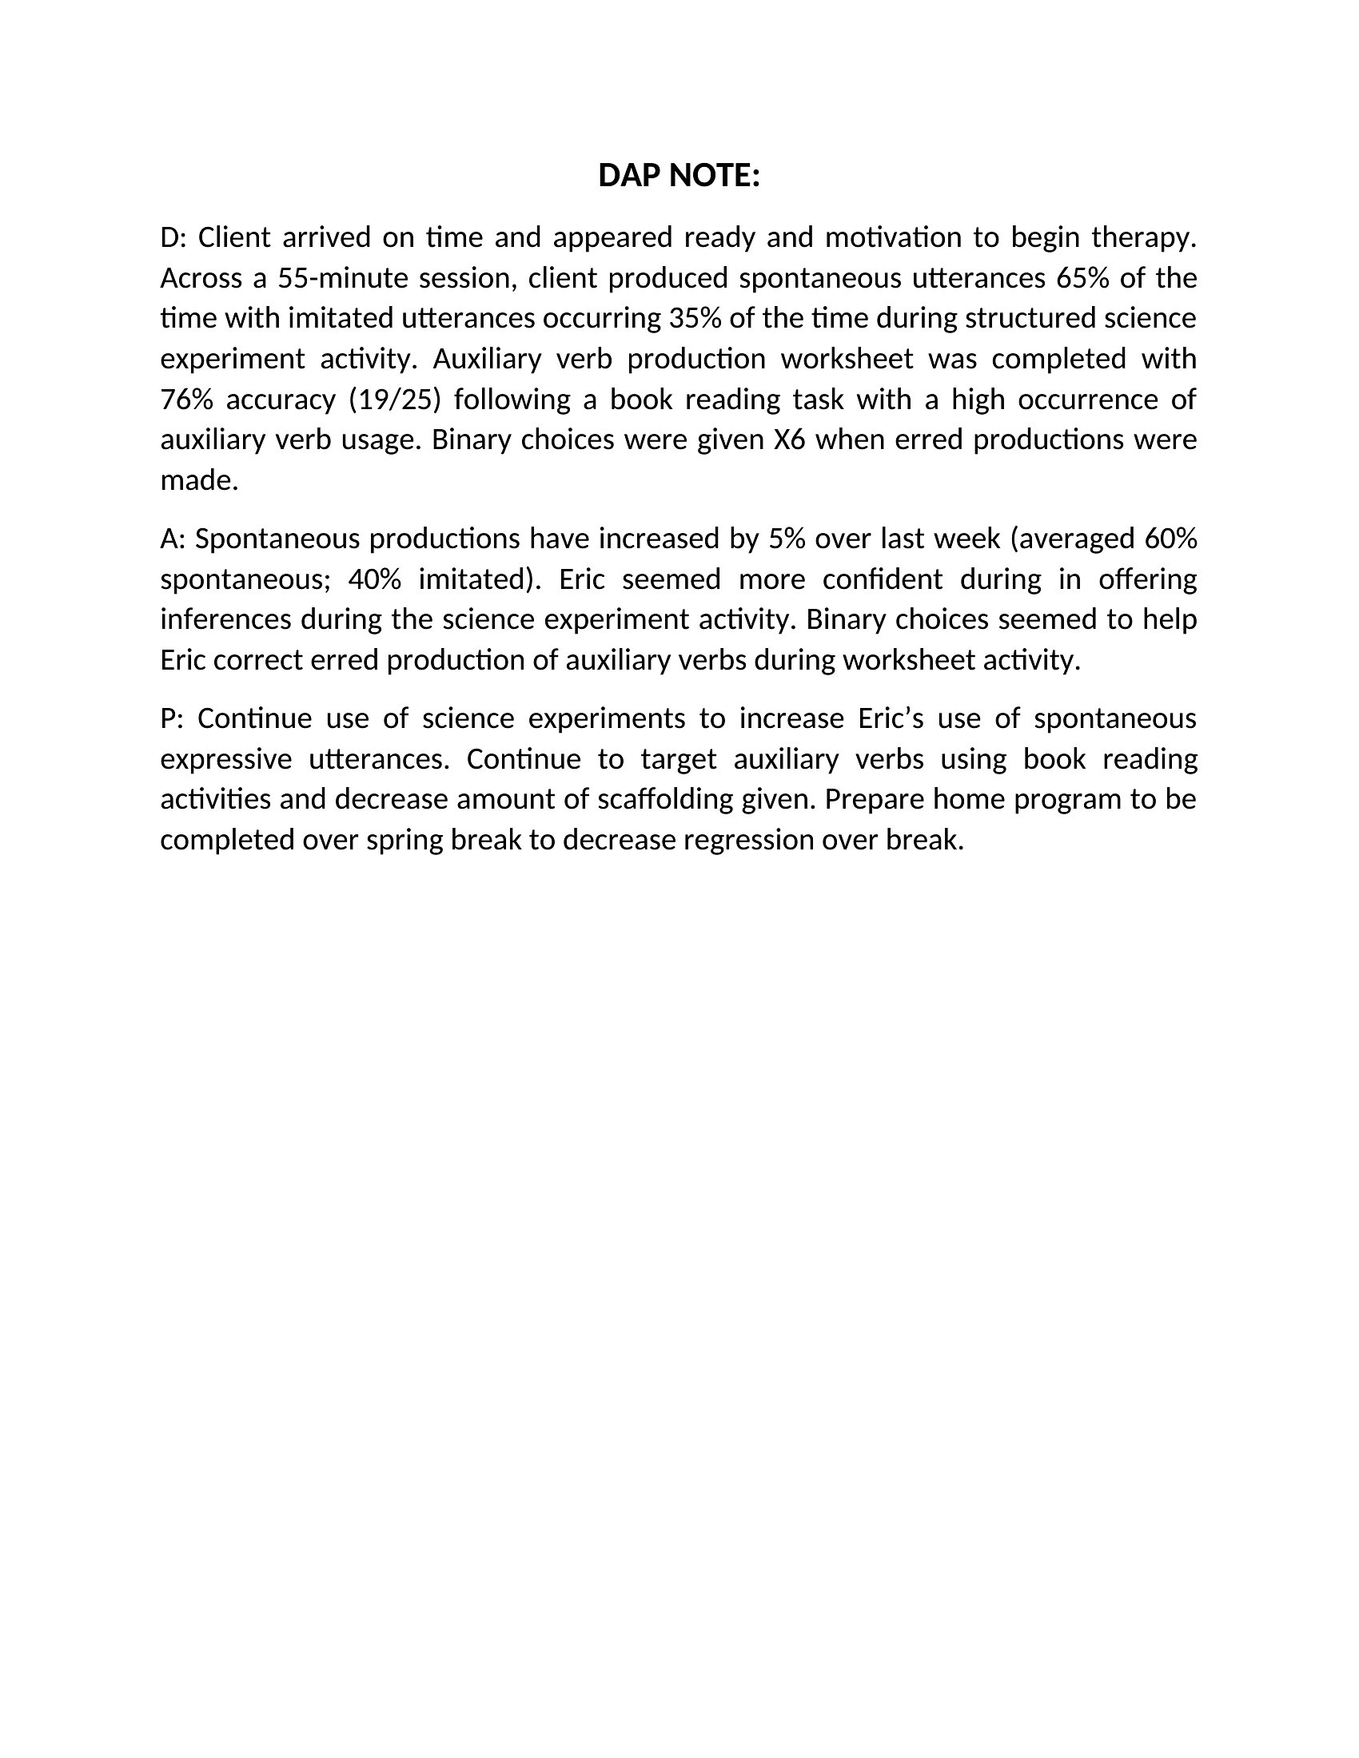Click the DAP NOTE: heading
679,176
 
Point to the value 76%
185,400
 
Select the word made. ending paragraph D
199,481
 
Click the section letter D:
173,238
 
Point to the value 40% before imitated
374,579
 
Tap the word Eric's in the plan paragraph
890,719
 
